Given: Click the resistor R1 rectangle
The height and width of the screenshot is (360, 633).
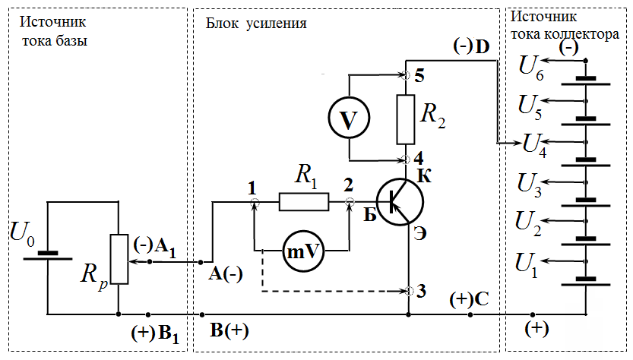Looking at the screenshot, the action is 304,202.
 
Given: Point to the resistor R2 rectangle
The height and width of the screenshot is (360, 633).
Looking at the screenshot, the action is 405,119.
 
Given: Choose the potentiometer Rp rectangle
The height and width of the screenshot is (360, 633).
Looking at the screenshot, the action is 119,259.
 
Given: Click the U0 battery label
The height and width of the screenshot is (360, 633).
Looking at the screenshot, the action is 22,234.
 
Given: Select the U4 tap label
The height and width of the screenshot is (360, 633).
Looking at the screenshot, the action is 534,144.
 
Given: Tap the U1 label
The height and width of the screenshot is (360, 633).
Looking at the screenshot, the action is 527,265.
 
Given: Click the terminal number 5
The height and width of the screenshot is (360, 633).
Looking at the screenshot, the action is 419,76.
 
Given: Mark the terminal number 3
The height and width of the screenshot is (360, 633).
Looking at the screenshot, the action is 421,291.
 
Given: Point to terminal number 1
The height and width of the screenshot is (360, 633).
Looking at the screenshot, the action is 252,188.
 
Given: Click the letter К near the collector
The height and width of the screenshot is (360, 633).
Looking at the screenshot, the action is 424,176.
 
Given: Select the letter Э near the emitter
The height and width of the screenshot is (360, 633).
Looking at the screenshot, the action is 420,234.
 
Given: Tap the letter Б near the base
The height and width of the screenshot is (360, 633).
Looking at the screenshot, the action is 370,216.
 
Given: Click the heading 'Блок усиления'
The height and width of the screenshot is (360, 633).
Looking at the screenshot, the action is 256,24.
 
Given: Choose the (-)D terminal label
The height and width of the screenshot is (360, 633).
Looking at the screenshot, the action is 471,46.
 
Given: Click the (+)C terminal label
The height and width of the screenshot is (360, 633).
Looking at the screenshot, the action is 469,299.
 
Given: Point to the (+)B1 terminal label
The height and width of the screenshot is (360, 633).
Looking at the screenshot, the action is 155,333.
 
